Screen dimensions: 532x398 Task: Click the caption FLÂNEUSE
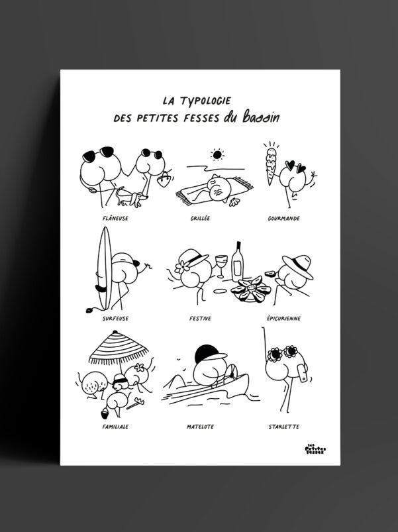point(116,217)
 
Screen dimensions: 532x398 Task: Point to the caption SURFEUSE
point(116,318)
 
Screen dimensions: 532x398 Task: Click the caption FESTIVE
point(199,318)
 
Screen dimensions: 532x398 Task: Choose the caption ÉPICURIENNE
point(283,318)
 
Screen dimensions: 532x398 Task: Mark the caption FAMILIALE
point(115,426)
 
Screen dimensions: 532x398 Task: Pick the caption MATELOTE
point(200,426)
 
